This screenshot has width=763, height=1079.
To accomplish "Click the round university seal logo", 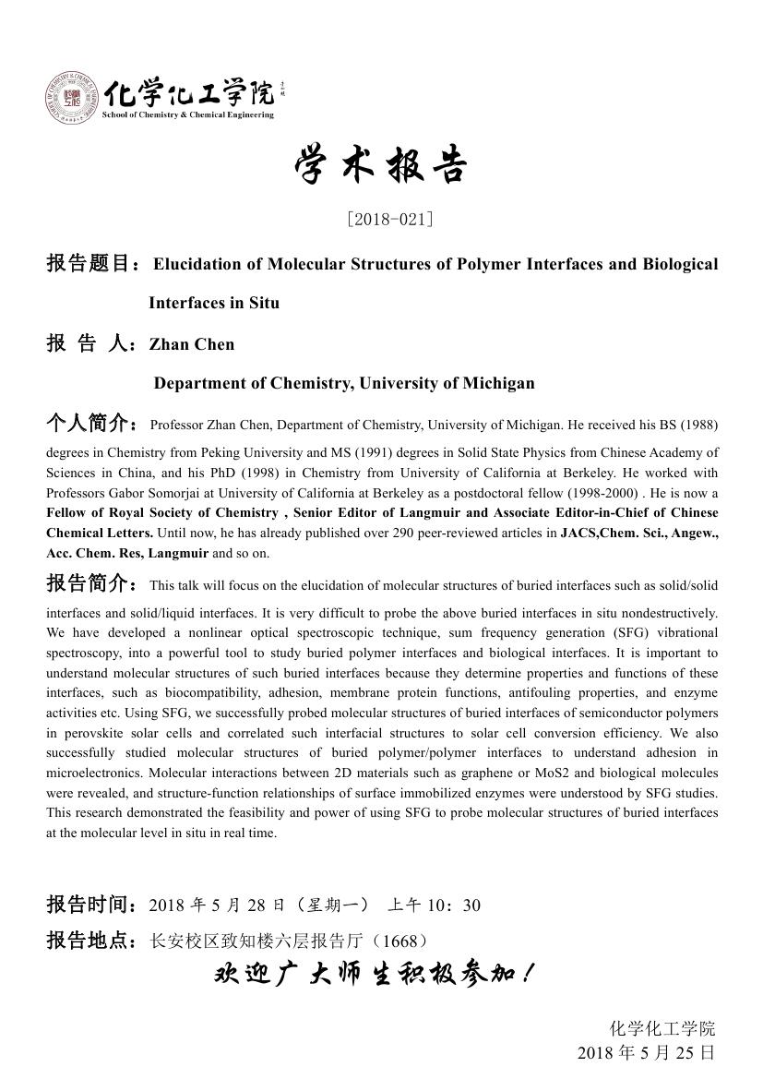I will coord(70,98).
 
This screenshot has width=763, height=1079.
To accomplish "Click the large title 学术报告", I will coord(381,167).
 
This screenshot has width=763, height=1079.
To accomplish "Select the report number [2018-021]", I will coord(389,219).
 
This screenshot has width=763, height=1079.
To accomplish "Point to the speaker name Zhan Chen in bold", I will coord(192,344).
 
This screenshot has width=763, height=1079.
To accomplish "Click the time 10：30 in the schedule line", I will coord(458,905).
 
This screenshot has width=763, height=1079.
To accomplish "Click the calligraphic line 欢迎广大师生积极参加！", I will coord(373,974).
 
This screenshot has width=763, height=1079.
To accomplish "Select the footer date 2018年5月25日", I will coord(646,1053).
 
